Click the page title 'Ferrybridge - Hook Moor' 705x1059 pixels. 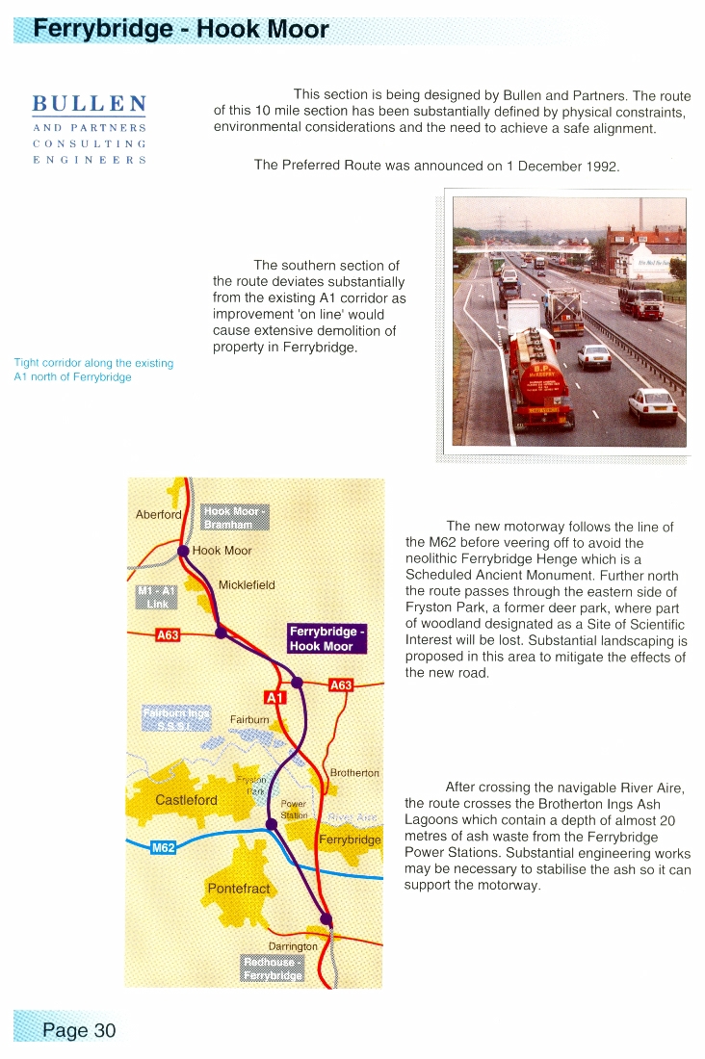(181, 29)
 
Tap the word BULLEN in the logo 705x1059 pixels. (90, 103)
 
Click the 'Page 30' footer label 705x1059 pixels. (78, 1030)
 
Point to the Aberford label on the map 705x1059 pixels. (158, 515)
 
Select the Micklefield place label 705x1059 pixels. (247, 585)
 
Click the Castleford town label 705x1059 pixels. (186, 800)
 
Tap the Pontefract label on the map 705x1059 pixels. (239, 888)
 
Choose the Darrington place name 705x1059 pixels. (293, 946)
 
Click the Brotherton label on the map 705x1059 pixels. (354, 773)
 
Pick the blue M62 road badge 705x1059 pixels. (164, 848)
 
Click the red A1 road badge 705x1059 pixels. (274, 697)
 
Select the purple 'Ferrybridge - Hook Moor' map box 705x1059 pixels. (326, 639)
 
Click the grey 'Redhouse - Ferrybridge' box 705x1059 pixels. (274, 968)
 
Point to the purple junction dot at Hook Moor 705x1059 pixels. (182, 552)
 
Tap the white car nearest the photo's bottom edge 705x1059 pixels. (652, 406)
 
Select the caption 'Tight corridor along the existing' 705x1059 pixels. (93, 363)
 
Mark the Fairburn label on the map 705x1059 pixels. (248, 719)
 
